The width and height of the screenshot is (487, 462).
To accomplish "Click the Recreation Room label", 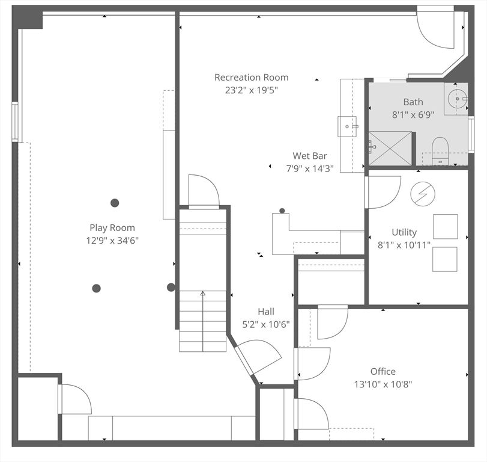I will coord(251,78).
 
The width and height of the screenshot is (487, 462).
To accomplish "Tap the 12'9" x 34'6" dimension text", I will coord(112,240).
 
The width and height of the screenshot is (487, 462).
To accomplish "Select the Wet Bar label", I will coord(309,156).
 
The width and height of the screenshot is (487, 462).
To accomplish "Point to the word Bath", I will coord(413,102).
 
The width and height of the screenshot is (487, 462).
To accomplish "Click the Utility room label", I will coord(404,232).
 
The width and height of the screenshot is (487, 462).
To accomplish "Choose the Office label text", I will coord(383,371).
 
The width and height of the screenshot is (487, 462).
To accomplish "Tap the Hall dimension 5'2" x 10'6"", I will coord(265,324).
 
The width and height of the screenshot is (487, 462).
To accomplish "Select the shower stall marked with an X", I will coord(390,148).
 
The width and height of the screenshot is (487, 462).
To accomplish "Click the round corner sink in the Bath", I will coord(458,98).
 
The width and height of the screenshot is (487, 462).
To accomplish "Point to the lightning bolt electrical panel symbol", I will coord(423,193).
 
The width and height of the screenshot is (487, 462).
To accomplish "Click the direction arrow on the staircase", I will coord(203,294).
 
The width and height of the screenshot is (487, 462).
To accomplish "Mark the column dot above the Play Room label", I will coord(115,203).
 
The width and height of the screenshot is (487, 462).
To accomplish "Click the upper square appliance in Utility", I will coord(445,226).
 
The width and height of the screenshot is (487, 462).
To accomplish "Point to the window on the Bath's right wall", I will coord(471,134).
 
